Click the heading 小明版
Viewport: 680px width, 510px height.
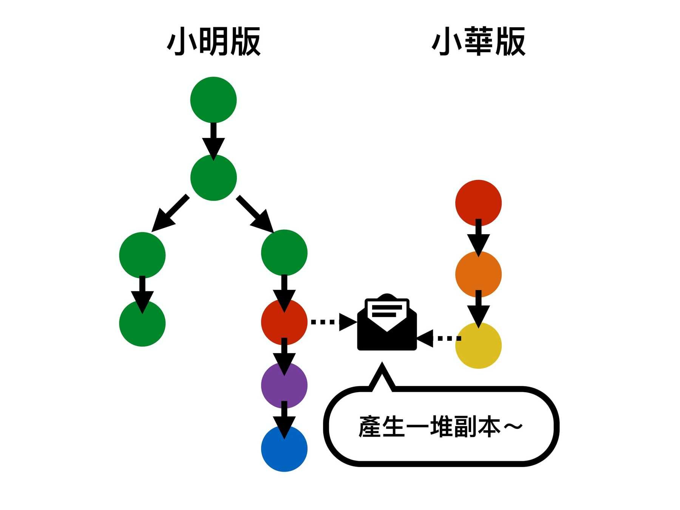point(213,42)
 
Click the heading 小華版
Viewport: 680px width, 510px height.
point(478,42)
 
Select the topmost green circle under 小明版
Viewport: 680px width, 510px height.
point(213,100)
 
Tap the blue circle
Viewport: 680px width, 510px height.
point(284,450)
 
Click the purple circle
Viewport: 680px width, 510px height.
point(284,385)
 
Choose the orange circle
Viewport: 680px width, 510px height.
point(478,274)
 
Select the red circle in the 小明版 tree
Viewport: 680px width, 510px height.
point(284,322)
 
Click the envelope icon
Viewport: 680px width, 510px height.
point(387,323)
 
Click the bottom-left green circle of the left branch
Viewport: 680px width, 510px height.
point(142,324)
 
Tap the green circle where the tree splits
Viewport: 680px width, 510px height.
point(213,178)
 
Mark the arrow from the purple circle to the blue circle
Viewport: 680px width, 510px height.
point(284,419)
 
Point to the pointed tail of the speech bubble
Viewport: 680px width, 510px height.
point(382,374)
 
